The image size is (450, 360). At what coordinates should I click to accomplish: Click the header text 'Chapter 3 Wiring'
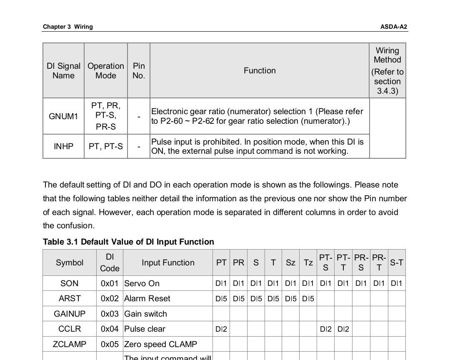(x=67, y=27)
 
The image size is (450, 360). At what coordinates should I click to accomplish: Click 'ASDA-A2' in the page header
(x=393, y=27)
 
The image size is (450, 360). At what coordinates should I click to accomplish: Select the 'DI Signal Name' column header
(x=63, y=71)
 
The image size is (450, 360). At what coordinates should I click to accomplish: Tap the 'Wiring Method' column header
(x=387, y=71)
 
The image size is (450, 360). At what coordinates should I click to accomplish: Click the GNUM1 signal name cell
(x=63, y=116)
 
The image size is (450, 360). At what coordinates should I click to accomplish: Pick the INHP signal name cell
(x=63, y=146)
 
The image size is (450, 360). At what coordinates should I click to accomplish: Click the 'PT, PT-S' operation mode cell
(x=106, y=146)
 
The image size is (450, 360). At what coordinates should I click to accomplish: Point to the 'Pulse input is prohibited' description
(x=257, y=146)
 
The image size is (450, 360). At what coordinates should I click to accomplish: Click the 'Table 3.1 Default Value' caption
(x=128, y=242)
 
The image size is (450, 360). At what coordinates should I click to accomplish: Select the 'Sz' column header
(x=290, y=262)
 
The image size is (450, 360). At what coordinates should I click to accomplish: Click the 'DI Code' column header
(x=110, y=262)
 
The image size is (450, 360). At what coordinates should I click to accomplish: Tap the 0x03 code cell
(x=110, y=314)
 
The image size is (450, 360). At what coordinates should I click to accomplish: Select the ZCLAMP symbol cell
(x=70, y=344)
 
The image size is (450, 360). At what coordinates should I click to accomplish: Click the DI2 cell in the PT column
(x=221, y=329)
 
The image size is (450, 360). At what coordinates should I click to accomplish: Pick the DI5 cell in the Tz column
(x=308, y=298)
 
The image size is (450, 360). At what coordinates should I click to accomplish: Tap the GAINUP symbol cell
(x=70, y=314)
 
